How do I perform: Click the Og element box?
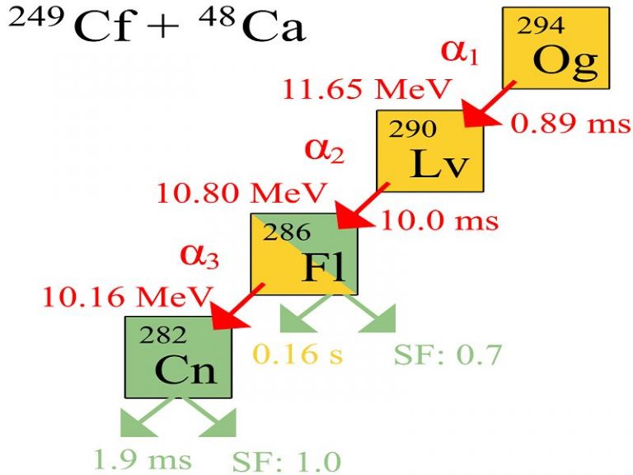coord(556,48)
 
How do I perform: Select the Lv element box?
coord(430,151)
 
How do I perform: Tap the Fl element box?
coord(304,254)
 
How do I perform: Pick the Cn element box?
coord(178,357)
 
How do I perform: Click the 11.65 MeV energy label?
coord(366,89)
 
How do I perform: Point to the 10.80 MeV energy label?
coord(241,193)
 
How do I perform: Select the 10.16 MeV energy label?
coord(127,297)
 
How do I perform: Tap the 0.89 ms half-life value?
coord(570,123)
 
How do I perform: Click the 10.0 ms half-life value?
coord(439,221)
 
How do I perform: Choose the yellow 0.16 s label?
coord(298,355)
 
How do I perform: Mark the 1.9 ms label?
coord(142,459)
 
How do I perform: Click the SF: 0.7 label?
coord(448,355)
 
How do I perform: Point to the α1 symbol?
coord(460,53)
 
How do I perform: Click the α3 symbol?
coord(199,256)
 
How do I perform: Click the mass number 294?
coord(541,26)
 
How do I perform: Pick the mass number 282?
coord(163,335)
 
